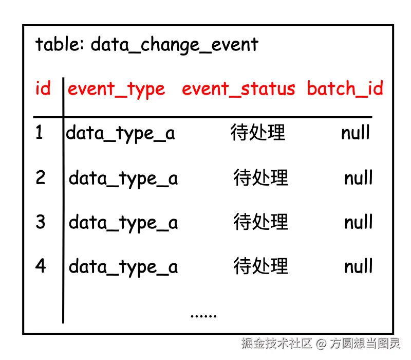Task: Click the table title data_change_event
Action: pyautogui.click(x=146, y=45)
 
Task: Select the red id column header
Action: pyautogui.click(x=43, y=89)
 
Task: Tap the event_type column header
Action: pyautogui.click(x=117, y=89)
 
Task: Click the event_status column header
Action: pyautogui.click(x=238, y=89)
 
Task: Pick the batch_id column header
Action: pyautogui.click(x=345, y=89)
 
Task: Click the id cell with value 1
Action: pyautogui.click(x=40, y=133)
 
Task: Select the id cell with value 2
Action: pyautogui.click(x=41, y=178)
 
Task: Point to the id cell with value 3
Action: pyautogui.click(x=41, y=222)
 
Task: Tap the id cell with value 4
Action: pyautogui.click(x=41, y=266)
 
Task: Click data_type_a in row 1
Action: pyautogui.click(x=120, y=134)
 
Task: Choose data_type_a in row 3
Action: pyautogui.click(x=123, y=223)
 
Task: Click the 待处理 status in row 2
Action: pyautogui.click(x=260, y=178)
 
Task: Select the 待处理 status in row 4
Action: pyautogui.click(x=260, y=266)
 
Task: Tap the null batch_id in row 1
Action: pyautogui.click(x=356, y=133)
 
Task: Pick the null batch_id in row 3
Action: pyautogui.click(x=358, y=222)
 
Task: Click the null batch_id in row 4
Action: pyautogui.click(x=358, y=266)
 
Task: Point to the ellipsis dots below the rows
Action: pyautogui.click(x=203, y=315)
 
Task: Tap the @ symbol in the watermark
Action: pyautogui.click(x=321, y=343)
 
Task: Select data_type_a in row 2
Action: pyautogui.click(x=123, y=178)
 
